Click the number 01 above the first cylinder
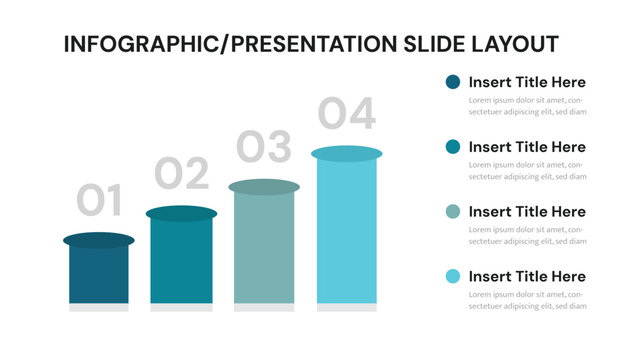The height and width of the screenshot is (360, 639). click(x=99, y=201)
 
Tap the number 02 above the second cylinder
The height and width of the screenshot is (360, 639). click(x=181, y=174)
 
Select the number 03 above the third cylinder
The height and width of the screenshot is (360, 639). click(x=264, y=147)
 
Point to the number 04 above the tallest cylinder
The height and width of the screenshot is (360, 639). click(x=346, y=114)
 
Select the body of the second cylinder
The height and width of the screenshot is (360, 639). click(x=181, y=262)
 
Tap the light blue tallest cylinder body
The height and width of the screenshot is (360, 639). click(x=346, y=232)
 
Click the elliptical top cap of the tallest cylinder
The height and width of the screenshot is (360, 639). click(x=346, y=153)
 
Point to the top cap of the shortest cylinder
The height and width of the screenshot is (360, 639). click(x=99, y=240)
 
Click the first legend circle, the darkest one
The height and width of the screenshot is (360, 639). click(x=453, y=82)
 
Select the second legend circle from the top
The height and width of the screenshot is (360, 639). click(x=453, y=147)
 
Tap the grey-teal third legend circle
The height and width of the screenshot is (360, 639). click(x=453, y=211)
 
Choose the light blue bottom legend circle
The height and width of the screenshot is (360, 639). click(x=453, y=276)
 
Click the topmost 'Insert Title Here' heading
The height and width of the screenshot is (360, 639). click(x=527, y=82)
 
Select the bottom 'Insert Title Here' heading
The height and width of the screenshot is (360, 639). click(x=527, y=276)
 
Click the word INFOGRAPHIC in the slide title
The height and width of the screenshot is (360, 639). click(x=134, y=44)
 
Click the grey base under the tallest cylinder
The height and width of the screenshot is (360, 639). click(x=346, y=308)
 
